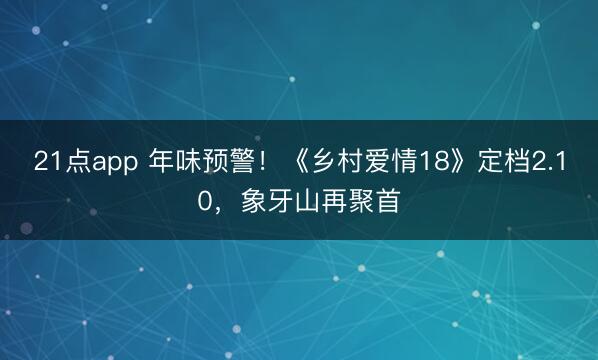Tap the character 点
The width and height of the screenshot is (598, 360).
(76, 162)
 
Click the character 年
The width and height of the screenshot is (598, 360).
(161, 162)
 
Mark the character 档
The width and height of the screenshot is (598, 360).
(517, 162)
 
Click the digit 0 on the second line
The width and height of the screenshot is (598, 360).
(205, 204)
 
